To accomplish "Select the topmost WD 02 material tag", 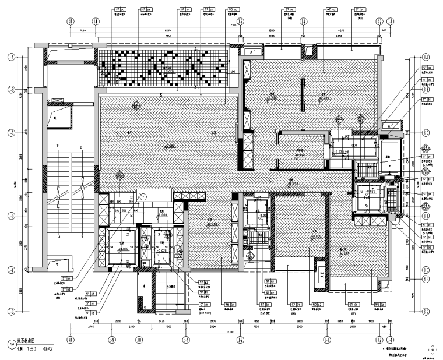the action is point(330,10).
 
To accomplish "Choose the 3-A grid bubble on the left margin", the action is point(11,57).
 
